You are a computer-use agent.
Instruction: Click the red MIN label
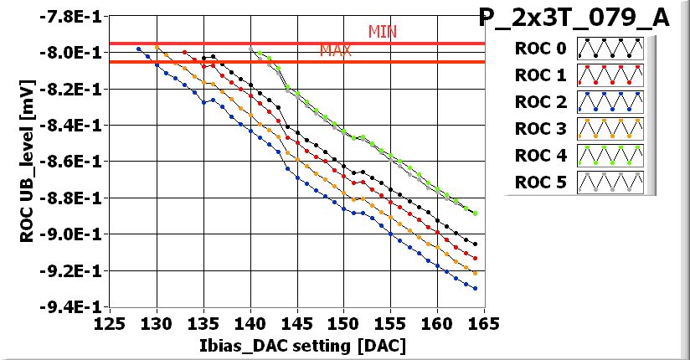(x=382, y=32)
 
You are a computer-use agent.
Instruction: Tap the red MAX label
(x=335, y=51)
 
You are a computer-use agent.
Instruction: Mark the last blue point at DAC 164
(x=475, y=289)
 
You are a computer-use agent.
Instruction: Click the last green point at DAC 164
(x=475, y=213)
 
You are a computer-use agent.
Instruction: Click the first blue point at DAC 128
(x=138, y=49)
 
